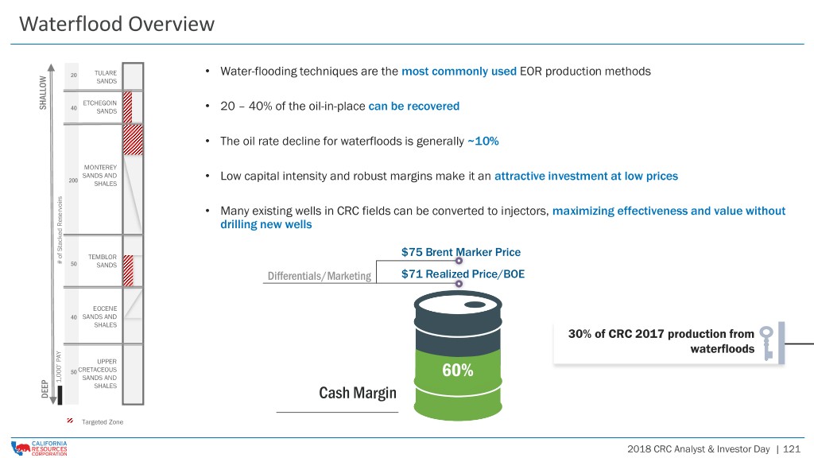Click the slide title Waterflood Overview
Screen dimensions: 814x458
pyautogui.click(x=117, y=24)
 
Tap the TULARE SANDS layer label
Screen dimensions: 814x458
pyautogui.click(x=106, y=77)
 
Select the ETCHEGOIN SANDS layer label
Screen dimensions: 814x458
pyautogui.click(x=99, y=107)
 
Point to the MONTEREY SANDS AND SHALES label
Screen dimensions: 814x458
pyautogui.click(x=99, y=176)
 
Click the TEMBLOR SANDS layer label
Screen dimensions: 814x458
pyautogui.click(x=103, y=261)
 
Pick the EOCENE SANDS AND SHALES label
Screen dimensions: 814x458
pyautogui.click(x=99, y=316)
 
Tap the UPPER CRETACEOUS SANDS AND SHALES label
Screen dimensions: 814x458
pyautogui.click(x=98, y=374)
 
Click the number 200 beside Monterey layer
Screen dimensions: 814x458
pyautogui.click(x=73, y=180)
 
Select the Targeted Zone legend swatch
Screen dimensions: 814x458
pyautogui.click(x=70, y=421)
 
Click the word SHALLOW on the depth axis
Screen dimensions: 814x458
pyautogui.click(x=43, y=92)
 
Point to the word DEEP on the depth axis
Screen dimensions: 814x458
pyautogui.click(x=45, y=389)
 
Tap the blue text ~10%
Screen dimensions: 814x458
pyautogui.click(x=483, y=142)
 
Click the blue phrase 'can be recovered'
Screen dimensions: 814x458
pyautogui.click(x=413, y=107)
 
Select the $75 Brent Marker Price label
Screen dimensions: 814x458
pyautogui.click(x=461, y=252)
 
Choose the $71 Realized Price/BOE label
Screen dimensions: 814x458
pyautogui.click(x=463, y=274)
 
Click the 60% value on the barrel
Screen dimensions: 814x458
pyautogui.click(x=457, y=371)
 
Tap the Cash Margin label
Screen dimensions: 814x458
pyautogui.click(x=358, y=393)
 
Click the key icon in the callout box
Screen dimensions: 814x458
pyautogui.click(x=767, y=343)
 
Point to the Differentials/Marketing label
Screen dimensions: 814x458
pyautogui.click(x=320, y=276)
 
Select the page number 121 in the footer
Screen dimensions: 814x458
pyautogui.click(x=792, y=448)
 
